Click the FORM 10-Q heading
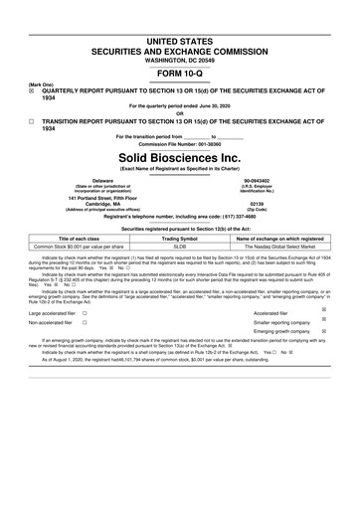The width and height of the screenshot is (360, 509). [x=179, y=75]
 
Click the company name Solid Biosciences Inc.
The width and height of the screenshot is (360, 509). [x=179, y=157]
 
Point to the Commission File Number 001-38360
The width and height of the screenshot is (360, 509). [x=179, y=142]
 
